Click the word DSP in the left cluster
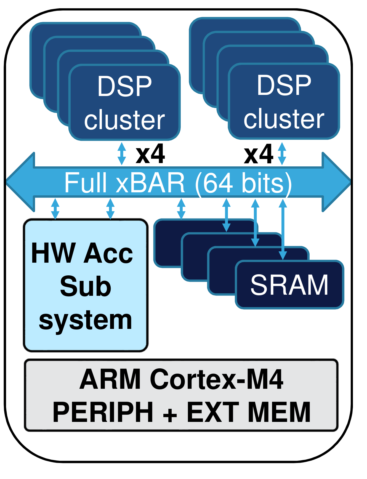click(x=124, y=86)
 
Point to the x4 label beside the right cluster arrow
click(x=259, y=155)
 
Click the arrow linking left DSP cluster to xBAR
click(x=122, y=154)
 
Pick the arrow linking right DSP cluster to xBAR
click(x=282, y=153)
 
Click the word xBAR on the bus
click(x=150, y=183)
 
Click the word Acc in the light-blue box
click(x=108, y=253)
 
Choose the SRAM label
click(x=289, y=285)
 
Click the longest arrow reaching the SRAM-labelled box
click(x=283, y=229)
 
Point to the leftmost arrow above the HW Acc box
click(x=55, y=209)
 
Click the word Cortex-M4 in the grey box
click(x=217, y=379)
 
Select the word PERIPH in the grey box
click(x=103, y=412)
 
